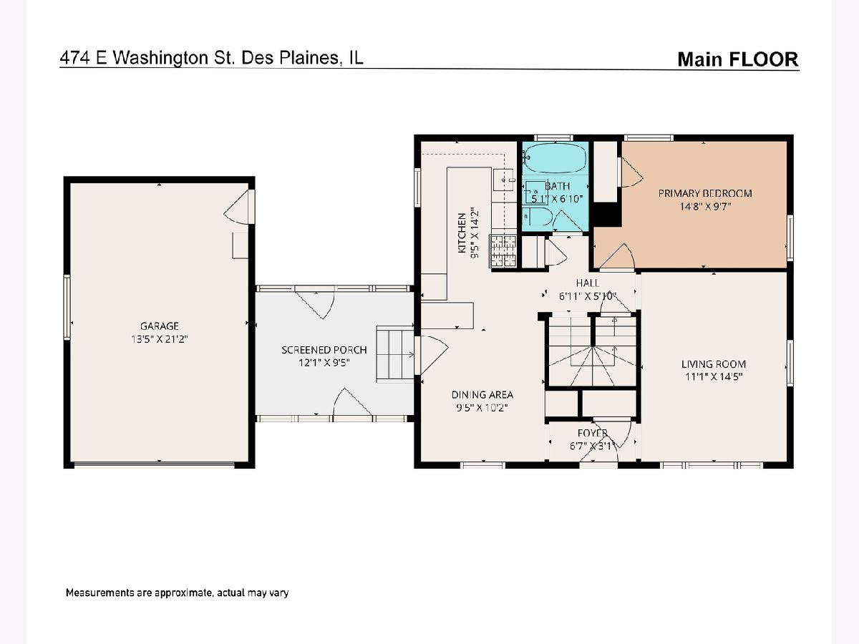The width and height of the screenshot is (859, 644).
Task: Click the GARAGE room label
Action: (x=160, y=326)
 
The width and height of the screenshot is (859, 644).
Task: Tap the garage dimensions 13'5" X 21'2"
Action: (x=160, y=339)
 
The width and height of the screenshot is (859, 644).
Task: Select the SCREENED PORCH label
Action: (x=324, y=350)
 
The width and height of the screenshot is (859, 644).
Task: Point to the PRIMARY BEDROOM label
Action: (x=705, y=193)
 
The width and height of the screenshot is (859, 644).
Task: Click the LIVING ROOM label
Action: (x=714, y=364)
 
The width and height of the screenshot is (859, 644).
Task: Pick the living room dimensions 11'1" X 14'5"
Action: (x=714, y=376)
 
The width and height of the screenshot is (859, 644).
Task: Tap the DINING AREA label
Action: (x=482, y=394)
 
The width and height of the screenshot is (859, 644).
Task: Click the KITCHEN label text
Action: (x=462, y=233)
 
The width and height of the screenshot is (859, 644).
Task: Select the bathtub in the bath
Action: (x=555, y=158)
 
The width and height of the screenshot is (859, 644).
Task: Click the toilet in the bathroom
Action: (x=538, y=216)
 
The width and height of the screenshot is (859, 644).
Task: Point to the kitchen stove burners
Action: (x=504, y=251)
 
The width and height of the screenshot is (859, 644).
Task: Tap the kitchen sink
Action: (x=503, y=180)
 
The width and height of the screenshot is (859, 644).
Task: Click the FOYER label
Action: (x=593, y=433)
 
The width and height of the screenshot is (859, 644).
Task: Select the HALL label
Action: (x=587, y=283)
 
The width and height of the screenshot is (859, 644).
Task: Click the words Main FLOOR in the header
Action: (x=738, y=59)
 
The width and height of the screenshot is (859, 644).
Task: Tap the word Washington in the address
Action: (x=160, y=58)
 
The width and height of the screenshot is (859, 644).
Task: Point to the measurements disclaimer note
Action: (x=177, y=592)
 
